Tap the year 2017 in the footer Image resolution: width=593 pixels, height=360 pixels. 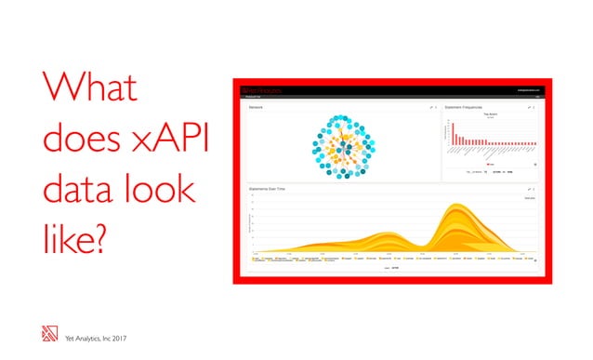pos(115,338)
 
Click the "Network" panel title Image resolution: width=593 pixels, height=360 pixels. pos(257,108)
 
